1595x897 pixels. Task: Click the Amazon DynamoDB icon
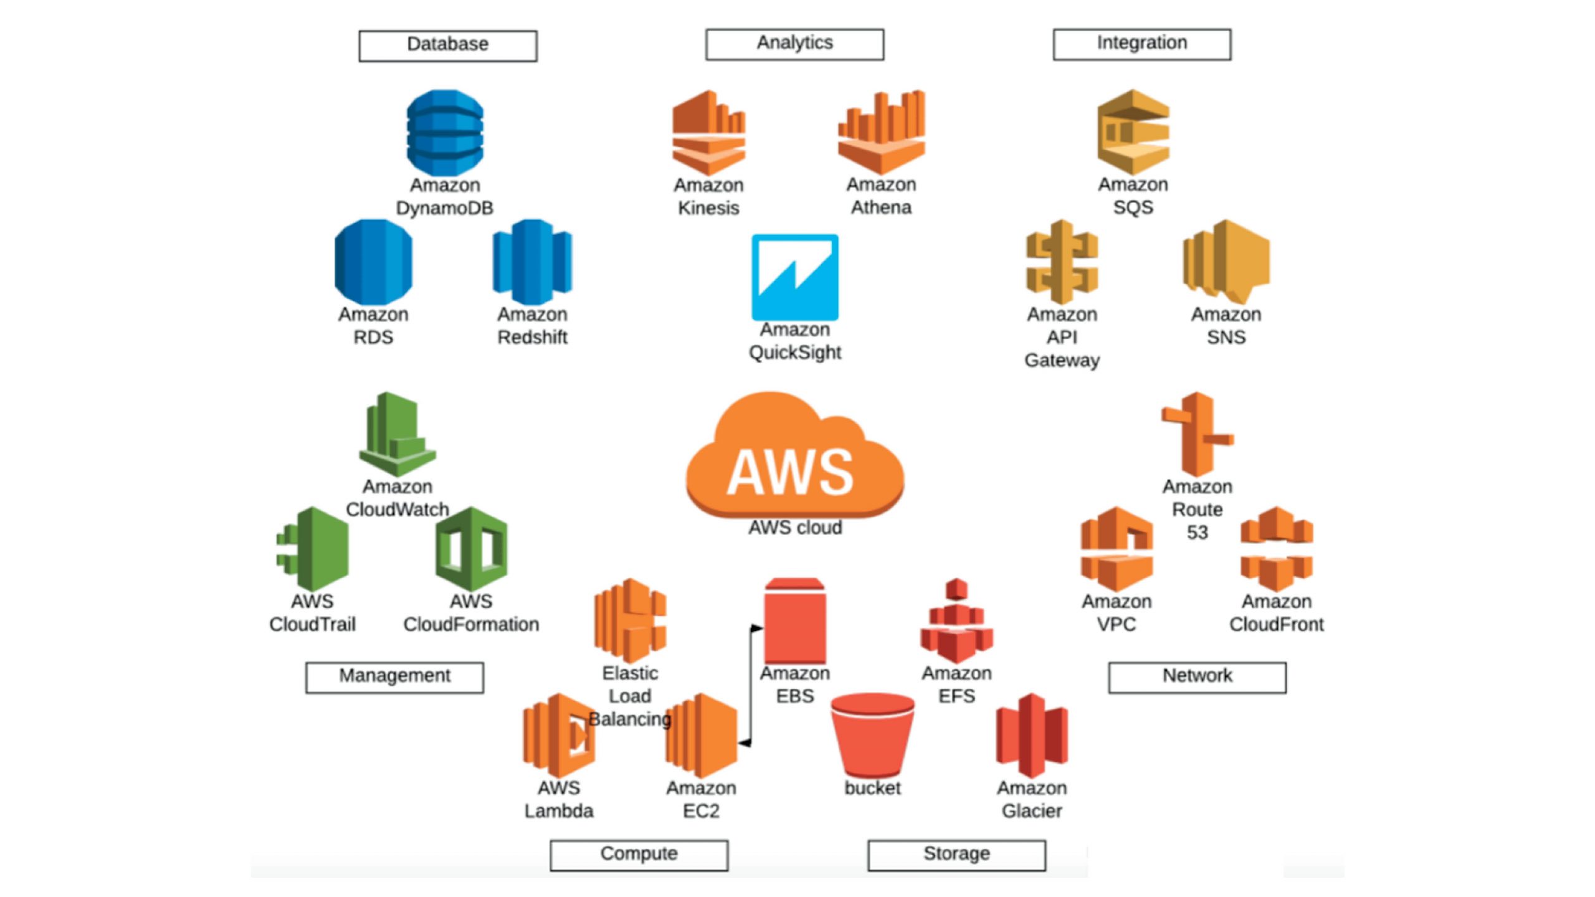pos(445,132)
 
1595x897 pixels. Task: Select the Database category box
pos(447,45)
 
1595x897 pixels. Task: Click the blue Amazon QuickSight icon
pos(794,277)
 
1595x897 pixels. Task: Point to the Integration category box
pos(1141,44)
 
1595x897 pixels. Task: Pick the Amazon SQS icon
pos(1133,132)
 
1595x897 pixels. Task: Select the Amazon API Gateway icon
pos(1062,262)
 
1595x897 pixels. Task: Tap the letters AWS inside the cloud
pos(790,472)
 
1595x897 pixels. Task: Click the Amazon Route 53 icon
pos(1197,434)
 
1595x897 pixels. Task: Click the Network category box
pos(1197,677)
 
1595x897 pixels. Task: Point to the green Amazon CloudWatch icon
pos(398,434)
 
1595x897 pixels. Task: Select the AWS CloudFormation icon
pos(471,549)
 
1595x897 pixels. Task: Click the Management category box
pos(394,677)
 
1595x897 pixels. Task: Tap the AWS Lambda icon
pos(559,736)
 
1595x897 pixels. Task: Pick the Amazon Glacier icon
pos(1032,736)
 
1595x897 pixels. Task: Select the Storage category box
pos(956,855)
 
